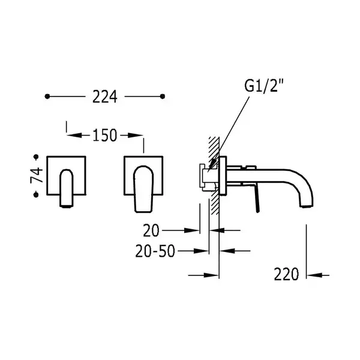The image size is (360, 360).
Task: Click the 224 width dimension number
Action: tap(104, 97)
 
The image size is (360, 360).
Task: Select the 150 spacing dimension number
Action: tap(104, 135)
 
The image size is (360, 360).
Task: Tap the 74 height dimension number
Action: tap(37, 175)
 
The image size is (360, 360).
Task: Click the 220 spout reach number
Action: tap(286, 274)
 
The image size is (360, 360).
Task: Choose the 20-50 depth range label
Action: tap(155, 251)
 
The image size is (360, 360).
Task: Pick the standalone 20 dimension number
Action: tap(151, 230)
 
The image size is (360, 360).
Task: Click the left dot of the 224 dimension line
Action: tap(47, 97)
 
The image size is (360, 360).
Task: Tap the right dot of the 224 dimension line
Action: tap(163, 97)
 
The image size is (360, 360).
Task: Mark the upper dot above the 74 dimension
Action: tap(36, 157)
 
